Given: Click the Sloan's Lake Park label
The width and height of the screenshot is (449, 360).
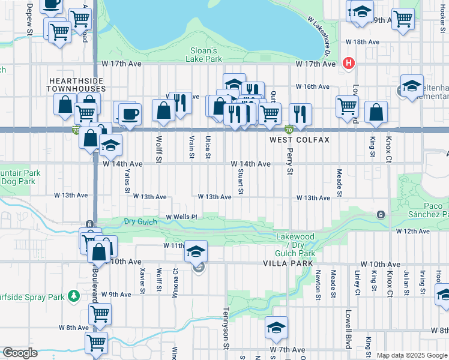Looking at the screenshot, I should (x=206, y=55).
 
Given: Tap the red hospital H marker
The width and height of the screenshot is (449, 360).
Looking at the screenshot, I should (x=348, y=63).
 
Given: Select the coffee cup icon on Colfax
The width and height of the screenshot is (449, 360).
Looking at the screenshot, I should (x=130, y=113).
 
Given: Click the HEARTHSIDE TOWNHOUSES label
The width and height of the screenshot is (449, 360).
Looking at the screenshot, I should (x=77, y=85).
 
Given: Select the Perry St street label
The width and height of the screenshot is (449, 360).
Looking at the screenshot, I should (x=289, y=162).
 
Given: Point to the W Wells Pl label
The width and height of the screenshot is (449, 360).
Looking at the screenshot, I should (x=181, y=217).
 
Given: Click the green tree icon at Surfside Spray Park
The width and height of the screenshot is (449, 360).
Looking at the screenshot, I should (x=74, y=296).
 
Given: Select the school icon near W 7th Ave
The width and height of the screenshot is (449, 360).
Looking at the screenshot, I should (x=277, y=328).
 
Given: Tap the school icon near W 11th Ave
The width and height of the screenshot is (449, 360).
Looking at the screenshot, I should (x=196, y=252).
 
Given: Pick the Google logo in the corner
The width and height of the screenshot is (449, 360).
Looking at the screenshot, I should (x=19, y=353).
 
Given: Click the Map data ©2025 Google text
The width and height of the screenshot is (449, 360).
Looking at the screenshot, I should (x=412, y=355).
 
